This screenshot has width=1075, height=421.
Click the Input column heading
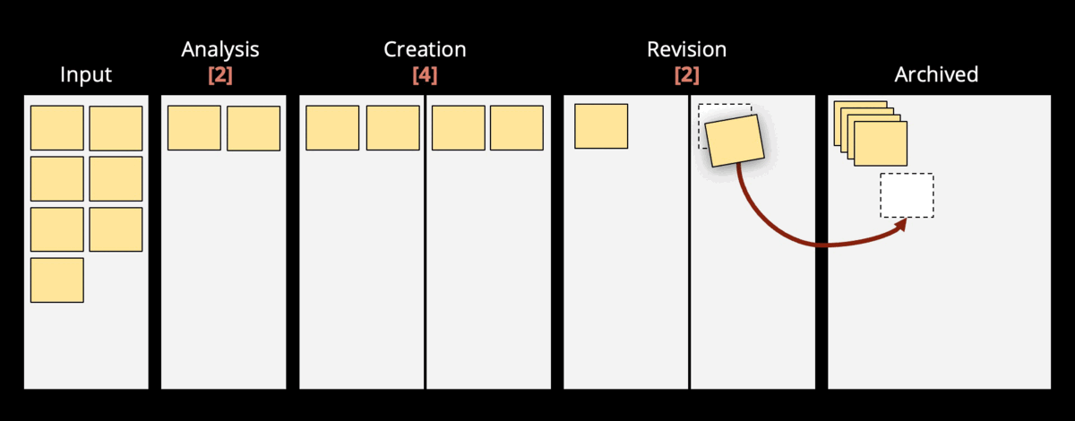tap(86, 74)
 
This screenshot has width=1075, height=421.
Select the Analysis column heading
tap(220, 49)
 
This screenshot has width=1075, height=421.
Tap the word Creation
tap(425, 49)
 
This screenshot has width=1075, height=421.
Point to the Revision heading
tap(686, 49)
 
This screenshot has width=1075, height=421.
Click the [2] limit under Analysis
tap(220, 75)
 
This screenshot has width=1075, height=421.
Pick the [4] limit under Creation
tap(425, 75)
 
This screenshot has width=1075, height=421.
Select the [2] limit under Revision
tap(686, 75)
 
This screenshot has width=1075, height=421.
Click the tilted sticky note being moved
tap(734, 139)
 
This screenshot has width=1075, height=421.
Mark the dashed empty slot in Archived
tap(907, 195)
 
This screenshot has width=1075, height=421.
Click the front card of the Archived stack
tap(881, 144)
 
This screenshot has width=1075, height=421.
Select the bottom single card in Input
tap(57, 280)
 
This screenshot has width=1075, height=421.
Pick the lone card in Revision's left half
tap(601, 126)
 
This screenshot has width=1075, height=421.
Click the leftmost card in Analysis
tap(194, 128)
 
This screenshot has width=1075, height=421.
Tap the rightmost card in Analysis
tap(254, 129)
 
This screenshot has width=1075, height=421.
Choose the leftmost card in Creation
tap(332, 128)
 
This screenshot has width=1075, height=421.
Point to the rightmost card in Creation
tap(517, 128)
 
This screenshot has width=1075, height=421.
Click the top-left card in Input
tap(57, 128)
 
